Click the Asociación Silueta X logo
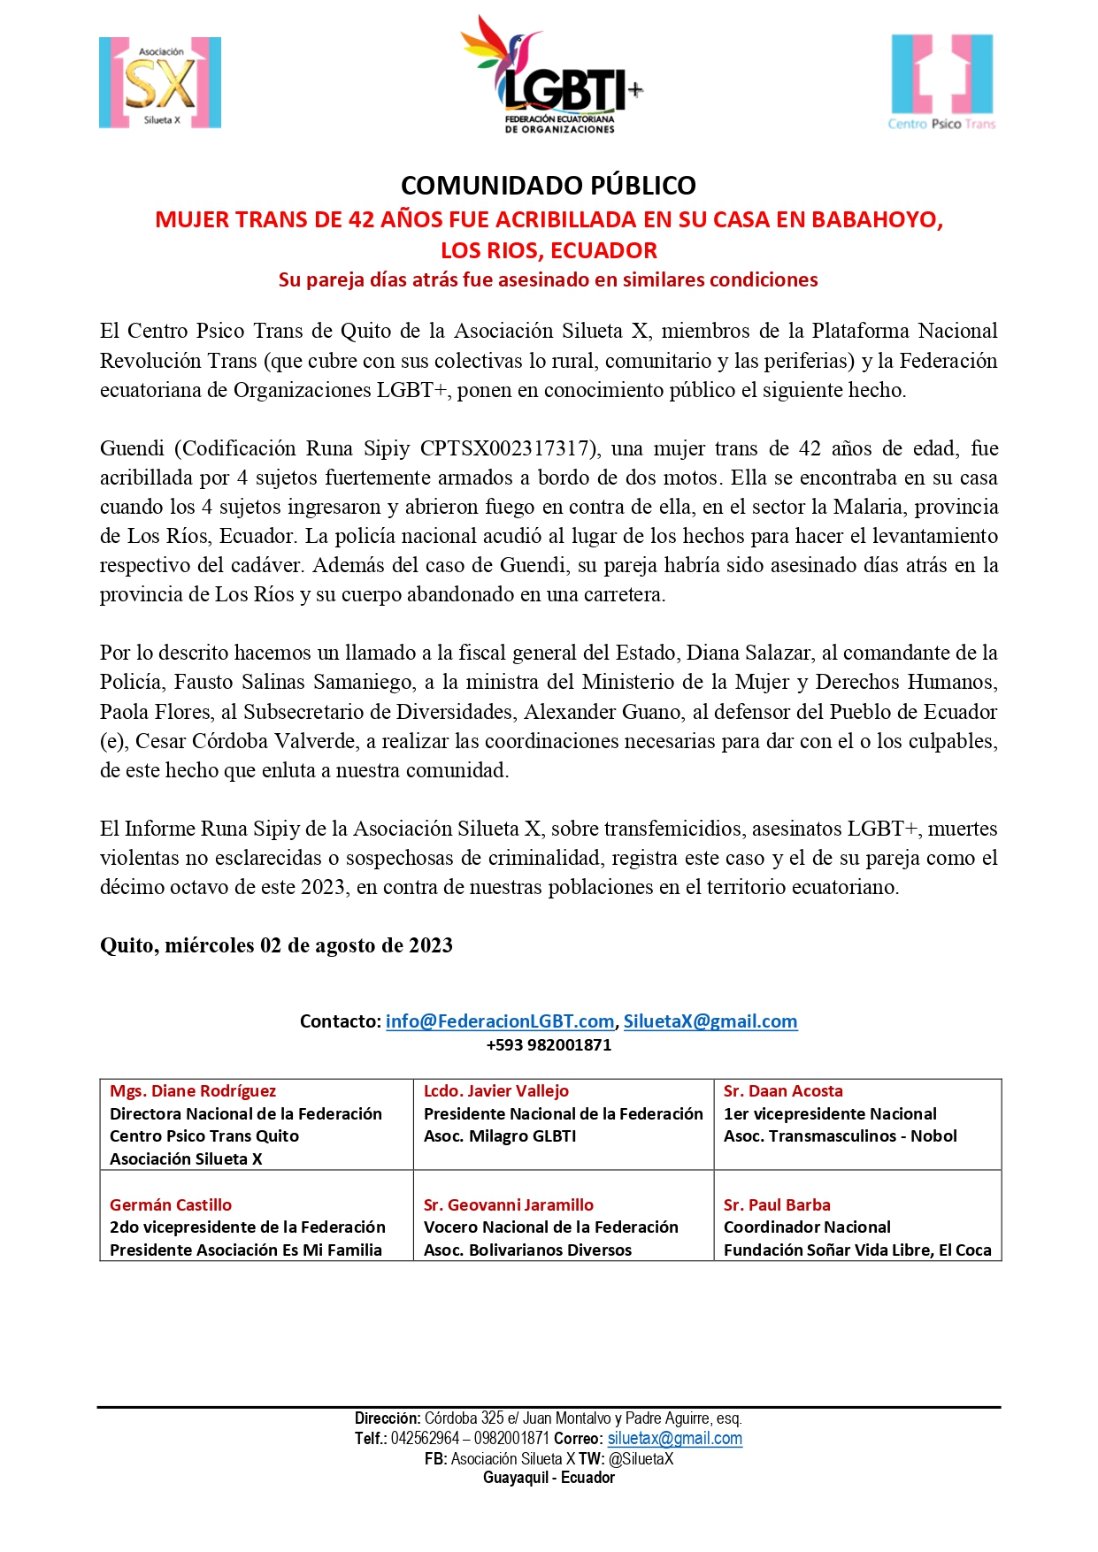(160, 83)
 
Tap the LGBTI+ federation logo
(551, 76)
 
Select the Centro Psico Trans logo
(941, 82)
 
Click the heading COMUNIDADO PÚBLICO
(549, 186)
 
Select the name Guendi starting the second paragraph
(132, 448)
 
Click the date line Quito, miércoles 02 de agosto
(276, 945)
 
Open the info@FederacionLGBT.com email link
(500, 1021)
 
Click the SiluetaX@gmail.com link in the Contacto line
(710, 1021)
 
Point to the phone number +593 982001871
(549, 1045)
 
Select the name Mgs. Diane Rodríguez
(193, 1091)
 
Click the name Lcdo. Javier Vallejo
(496, 1091)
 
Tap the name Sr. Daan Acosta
(783, 1091)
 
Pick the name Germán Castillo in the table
(171, 1204)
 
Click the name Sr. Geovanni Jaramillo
(509, 1204)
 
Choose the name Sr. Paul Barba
(777, 1204)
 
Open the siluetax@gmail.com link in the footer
(675, 1438)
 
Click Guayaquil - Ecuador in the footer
(549, 1478)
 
